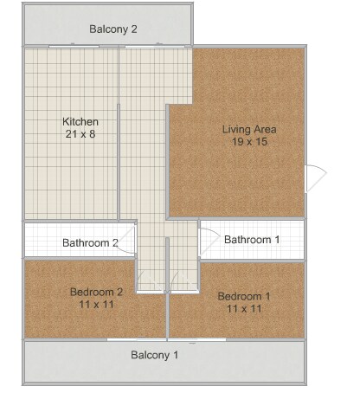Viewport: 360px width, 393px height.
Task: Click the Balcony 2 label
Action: [113, 29]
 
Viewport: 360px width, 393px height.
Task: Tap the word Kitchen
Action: [81, 121]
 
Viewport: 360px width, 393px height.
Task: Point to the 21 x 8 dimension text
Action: [81, 134]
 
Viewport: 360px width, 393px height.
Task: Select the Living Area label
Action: [249, 130]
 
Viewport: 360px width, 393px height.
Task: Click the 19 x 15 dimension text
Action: [249, 143]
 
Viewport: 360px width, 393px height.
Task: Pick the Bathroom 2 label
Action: [90, 242]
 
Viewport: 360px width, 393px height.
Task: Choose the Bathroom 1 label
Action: [252, 239]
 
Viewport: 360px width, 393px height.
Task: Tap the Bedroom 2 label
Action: [96, 292]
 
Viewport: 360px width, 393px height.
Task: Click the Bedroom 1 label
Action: [244, 295]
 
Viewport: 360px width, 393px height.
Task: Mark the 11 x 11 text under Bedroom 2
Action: [96, 305]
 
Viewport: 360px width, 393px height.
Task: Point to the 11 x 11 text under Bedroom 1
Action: [244, 308]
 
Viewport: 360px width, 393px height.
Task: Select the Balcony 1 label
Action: [155, 355]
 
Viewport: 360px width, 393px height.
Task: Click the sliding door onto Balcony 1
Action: [166, 340]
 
